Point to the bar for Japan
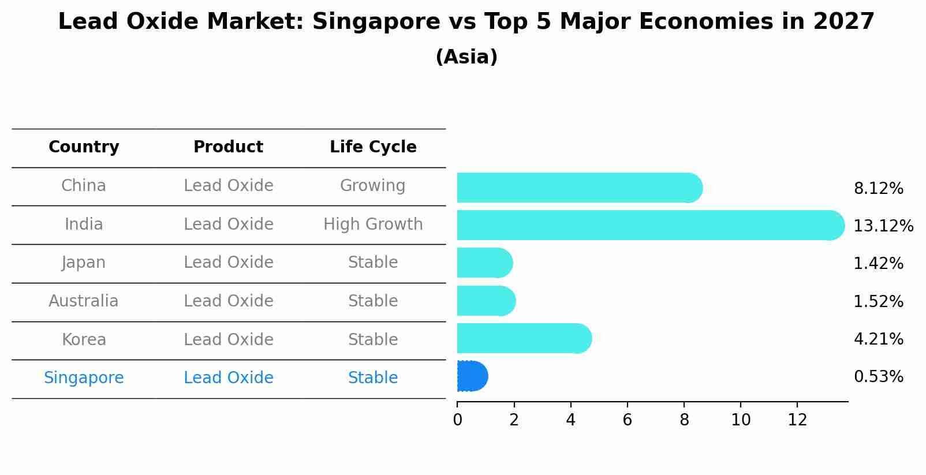point(484,263)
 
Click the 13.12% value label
point(883,226)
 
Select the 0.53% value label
point(878,377)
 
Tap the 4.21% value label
point(878,339)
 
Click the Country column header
point(84,147)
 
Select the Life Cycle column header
point(373,147)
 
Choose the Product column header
point(228,147)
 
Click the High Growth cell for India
point(373,225)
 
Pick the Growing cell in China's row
point(372,186)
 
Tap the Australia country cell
point(84,301)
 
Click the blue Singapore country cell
point(84,378)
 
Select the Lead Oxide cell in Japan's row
point(228,263)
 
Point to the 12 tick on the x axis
point(797,420)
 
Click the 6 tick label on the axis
point(628,420)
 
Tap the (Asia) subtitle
point(466,57)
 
